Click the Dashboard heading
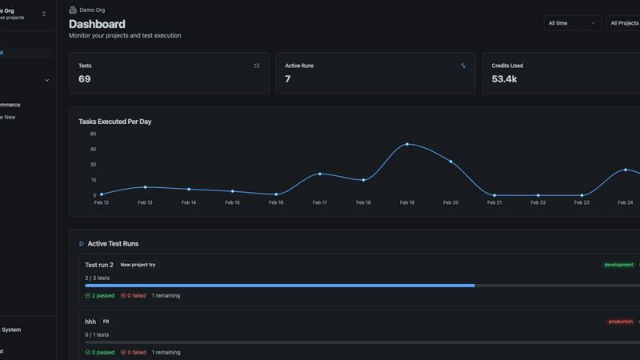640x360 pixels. click(97, 24)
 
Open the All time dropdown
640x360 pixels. click(572, 23)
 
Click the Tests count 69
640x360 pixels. click(85, 79)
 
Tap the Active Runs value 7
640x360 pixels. click(288, 79)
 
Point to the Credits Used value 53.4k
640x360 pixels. click(504, 79)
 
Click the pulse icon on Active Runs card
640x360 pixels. click(463, 66)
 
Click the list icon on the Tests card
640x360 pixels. click(257, 66)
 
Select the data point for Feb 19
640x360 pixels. click(407, 144)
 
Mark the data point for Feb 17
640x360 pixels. click(320, 174)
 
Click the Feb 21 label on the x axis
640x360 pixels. click(494, 202)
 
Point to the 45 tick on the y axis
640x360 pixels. click(93, 149)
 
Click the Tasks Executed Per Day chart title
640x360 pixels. click(114, 122)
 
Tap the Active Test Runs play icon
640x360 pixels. click(82, 243)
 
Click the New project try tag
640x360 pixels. click(138, 265)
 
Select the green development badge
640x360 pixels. click(618, 265)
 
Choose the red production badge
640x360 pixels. click(620, 322)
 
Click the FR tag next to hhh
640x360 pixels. click(106, 322)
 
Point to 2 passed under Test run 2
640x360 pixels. click(100, 295)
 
